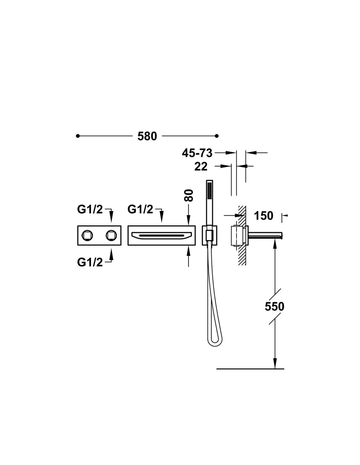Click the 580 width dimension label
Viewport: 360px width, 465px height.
coord(147,136)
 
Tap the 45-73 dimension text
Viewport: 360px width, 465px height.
coord(197,153)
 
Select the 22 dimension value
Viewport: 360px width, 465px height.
coord(201,166)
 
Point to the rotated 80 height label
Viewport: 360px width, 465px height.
coord(189,195)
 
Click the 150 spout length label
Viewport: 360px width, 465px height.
coord(263,216)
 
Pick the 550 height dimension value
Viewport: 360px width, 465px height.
coord(274,307)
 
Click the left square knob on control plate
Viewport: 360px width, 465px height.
coord(88,235)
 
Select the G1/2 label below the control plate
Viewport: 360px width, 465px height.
coord(90,262)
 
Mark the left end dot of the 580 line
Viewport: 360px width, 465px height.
coord(78,136)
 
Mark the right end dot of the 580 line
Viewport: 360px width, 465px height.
coord(217,136)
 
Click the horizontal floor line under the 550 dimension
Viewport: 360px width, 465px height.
coord(250,369)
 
